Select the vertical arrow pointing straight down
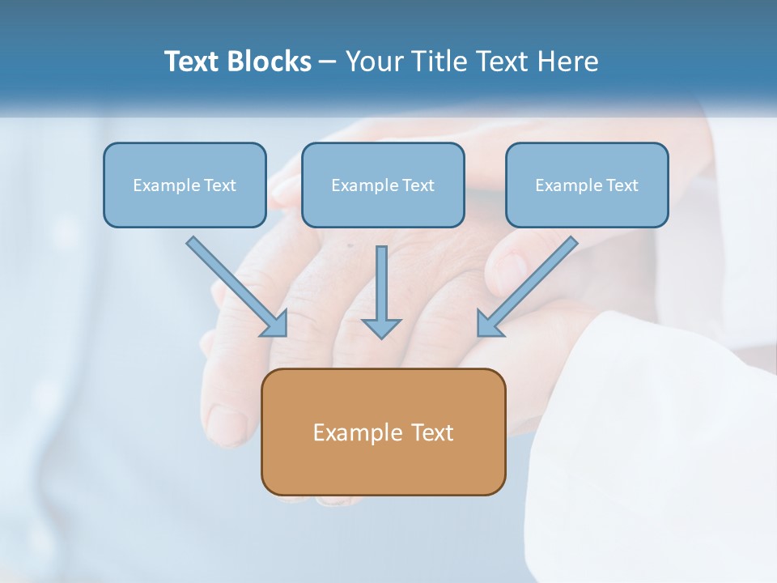pos(381,283)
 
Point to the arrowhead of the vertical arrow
pos(381,328)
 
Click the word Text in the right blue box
pos(622,185)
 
